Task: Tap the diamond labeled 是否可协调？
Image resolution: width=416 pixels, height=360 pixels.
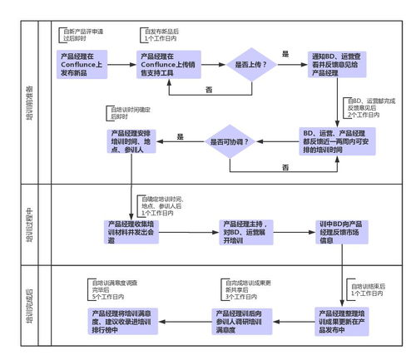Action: coord(239,141)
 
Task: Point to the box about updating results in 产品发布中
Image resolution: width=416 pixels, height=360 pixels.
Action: coord(343,319)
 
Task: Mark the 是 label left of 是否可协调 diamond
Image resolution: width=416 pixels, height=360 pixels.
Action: coord(180,135)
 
